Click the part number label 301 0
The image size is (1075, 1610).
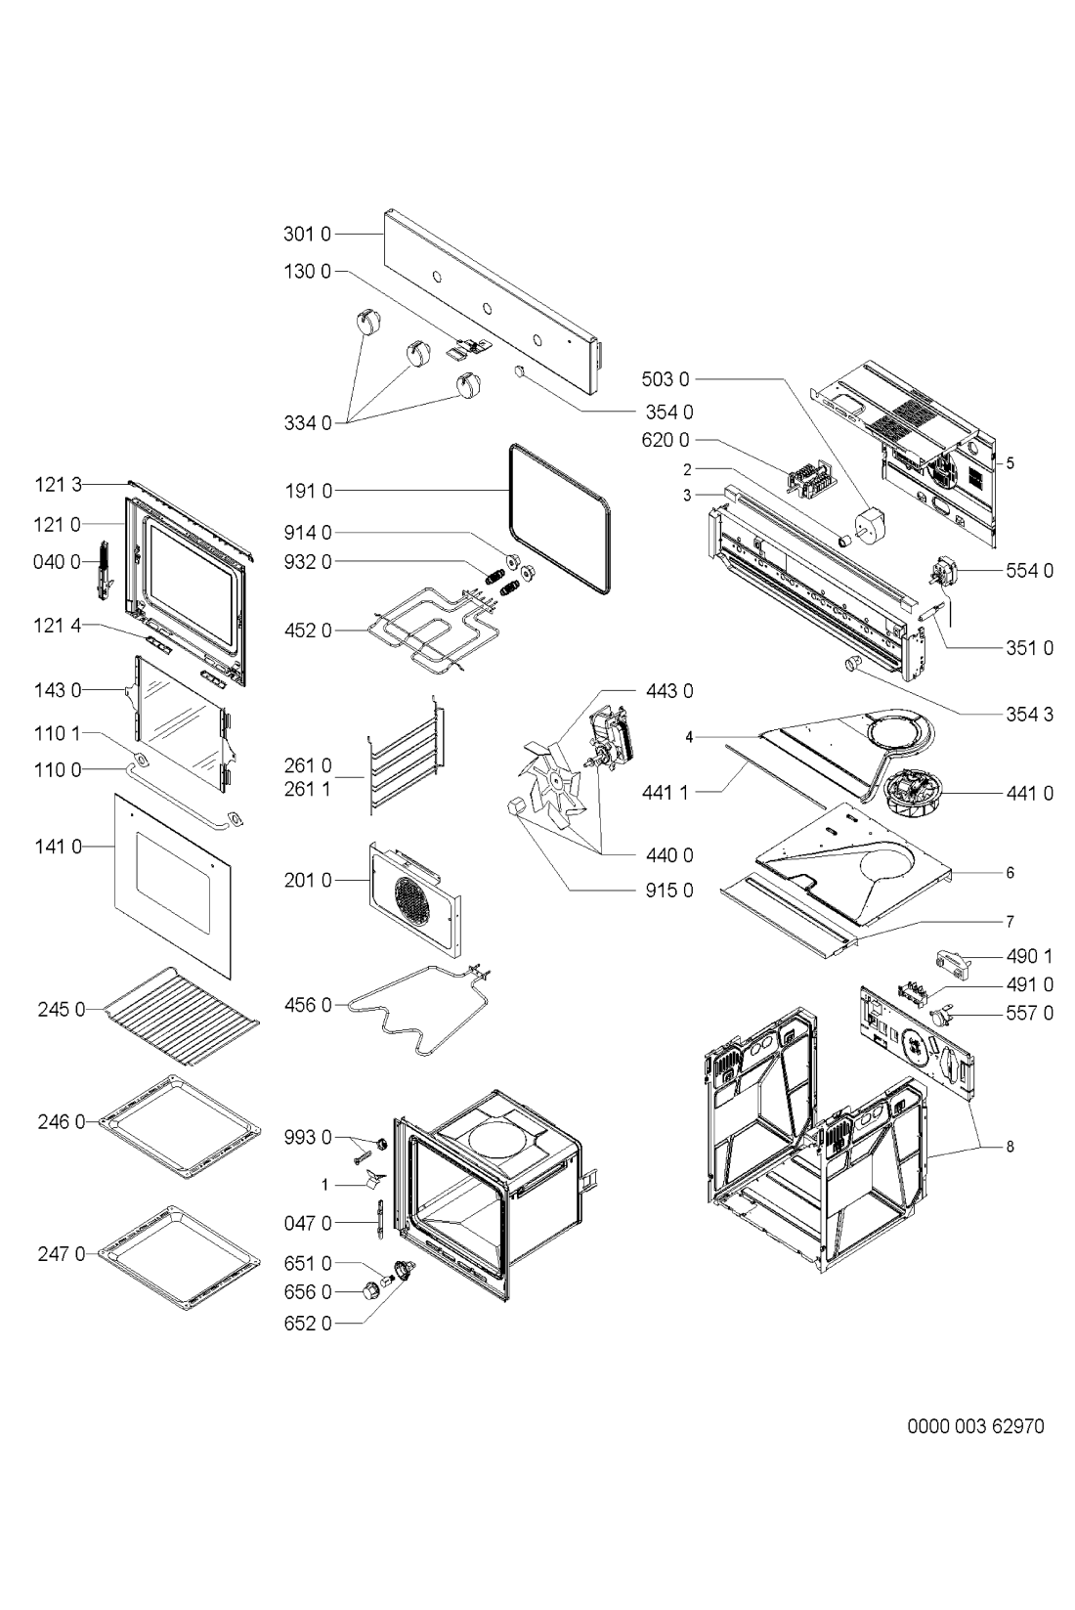click(x=308, y=234)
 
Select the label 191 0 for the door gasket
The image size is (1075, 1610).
click(x=308, y=491)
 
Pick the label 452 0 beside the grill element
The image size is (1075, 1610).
click(x=308, y=631)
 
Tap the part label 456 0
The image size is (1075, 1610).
click(x=308, y=1005)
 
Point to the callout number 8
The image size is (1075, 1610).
click(x=1010, y=1147)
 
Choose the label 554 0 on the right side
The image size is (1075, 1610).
click(x=1030, y=571)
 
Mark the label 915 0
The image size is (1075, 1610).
click(x=669, y=891)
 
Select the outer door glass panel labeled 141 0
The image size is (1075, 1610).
click(x=173, y=887)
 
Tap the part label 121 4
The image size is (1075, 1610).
click(x=58, y=626)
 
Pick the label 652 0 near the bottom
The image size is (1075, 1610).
click(x=308, y=1324)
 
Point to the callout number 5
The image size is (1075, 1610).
click(x=1010, y=463)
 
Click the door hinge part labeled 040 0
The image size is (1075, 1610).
click(x=106, y=570)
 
